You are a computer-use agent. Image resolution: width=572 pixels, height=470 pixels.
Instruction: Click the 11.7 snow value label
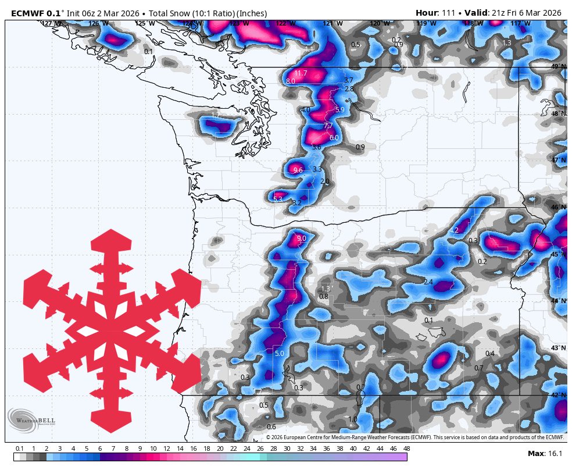pyautogui.click(x=301, y=73)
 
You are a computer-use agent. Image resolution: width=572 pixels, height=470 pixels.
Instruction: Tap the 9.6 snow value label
pyautogui.click(x=298, y=170)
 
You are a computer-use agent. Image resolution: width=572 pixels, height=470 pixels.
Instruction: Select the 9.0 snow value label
pyautogui.click(x=301, y=238)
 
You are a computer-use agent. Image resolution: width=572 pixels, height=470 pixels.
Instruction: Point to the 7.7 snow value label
pyautogui.click(x=328, y=126)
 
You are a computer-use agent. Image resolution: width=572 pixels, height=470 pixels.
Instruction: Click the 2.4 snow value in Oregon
pyautogui.click(x=428, y=282)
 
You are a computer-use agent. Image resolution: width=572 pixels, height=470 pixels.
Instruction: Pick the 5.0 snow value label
pyautogui.click(x=279, y=353)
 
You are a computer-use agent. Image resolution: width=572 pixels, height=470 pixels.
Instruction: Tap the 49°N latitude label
pyautogui.click(x=558, y=66)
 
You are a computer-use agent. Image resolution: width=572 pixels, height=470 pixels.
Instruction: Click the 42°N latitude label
pyautogui.click(x=558, y=395)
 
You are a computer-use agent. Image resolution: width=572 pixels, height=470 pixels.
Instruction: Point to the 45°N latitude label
pyautogui.click(x=558, y=254)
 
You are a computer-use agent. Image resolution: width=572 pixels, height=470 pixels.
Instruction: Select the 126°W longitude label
pyautogui.click(x=98, y=23)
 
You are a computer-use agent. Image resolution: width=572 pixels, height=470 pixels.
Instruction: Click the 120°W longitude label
pyautogui.click(x=379, y=23)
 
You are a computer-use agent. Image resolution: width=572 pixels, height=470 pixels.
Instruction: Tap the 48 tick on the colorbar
pyautogui.click(x=406, y=448)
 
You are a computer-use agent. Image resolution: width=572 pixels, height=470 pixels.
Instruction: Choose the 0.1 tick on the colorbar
pyautogui.click(x=19, y=448)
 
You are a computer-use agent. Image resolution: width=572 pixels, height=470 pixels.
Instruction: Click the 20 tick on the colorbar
pyautogui.click(x=220, y=448)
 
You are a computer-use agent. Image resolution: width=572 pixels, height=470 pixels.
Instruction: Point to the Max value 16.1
pyautogui.click(x=554, y=454)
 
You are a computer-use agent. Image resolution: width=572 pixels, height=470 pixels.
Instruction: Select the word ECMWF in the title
pyautogui.click(x=28, y=13)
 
